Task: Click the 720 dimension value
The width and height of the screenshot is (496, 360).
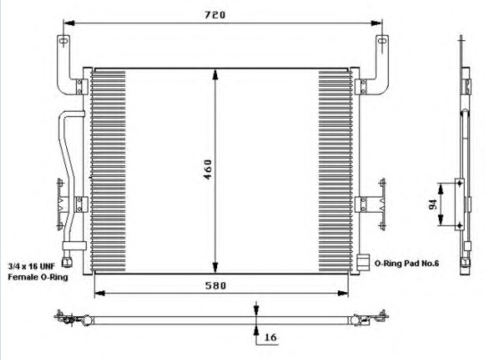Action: (x=214, y=15)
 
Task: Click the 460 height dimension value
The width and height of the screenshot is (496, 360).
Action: (x=207, y=170)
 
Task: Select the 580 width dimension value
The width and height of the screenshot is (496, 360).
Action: (x=215, y=286)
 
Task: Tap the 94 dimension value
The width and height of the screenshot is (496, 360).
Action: (x=433, y=205)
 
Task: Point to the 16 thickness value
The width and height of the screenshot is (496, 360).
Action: (x=270, y=338)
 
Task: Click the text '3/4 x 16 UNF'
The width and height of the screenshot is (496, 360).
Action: (x=31, y=266)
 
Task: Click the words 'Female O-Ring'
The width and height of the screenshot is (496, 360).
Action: (x=38, y=277)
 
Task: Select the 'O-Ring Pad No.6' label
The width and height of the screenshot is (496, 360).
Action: (x=407, y=263)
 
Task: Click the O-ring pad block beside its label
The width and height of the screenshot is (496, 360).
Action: (x=363, y=262)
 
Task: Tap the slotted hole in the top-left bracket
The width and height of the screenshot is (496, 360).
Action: (x=63, y=41)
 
